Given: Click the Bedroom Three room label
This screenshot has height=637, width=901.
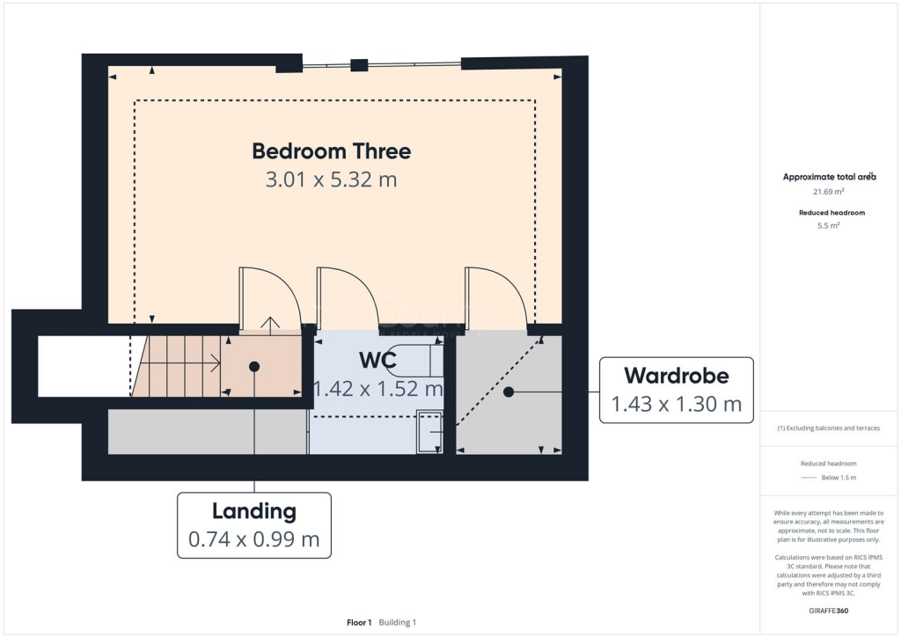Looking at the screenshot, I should click(x=331, y=150).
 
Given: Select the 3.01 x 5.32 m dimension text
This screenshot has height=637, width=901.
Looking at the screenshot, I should click(x=331, y=179).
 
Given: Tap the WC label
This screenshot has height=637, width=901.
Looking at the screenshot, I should click(x=377, y=361).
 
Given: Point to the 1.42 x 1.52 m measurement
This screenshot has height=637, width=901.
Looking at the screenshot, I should click(x=378, y=388).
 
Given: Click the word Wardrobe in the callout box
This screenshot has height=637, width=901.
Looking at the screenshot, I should click(x=676, y=376).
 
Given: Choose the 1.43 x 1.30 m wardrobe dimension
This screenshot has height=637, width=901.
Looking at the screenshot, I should click(x=676, y=404).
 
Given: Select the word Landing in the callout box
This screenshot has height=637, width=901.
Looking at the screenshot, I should click(x=253, y=510).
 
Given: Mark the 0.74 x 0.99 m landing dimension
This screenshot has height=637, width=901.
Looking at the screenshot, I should click(x=253, y=539).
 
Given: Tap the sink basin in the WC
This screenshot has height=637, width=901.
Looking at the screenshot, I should click(x=429, y=432).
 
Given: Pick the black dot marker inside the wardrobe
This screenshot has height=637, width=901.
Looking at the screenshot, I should click(x=509, y=392).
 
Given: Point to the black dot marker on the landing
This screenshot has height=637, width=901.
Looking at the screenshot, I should click(x=254, y=365).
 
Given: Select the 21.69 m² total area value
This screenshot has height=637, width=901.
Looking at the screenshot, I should click(x=828, y=191).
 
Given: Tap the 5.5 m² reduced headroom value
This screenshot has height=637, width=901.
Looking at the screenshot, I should click(x=828, y=226).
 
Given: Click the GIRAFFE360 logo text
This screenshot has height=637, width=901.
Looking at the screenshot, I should click(x=828, y=610).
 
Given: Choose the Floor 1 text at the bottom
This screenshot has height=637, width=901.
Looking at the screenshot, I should click(x=359, y=622).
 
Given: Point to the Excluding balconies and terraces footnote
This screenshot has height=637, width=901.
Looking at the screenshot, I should click(x=828, y=428).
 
